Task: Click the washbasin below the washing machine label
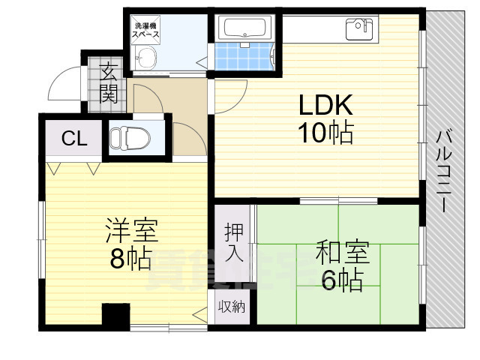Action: [146, 57]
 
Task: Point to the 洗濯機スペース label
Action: [145, 28]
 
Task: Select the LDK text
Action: [322, 105]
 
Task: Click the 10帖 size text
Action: [323, 133]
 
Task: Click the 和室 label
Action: [340, 250]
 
